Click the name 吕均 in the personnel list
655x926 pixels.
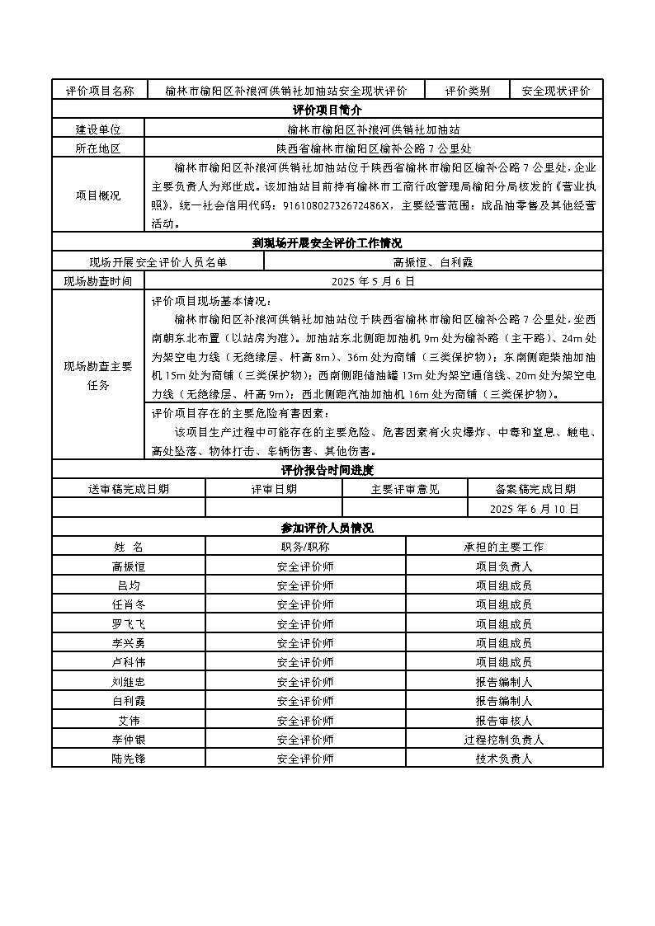click(128, 585)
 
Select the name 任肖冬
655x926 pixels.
click(128, 604)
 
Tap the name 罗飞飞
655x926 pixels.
click(128, 623)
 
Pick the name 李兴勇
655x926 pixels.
click(128, 643)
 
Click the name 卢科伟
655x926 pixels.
click(128, 662)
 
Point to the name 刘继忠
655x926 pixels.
click(128, 682)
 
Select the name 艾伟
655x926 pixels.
click(128, 721)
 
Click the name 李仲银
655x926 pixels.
click(128, 740)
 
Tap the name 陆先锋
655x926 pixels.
click(128, 759)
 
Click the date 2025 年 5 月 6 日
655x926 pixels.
click(373, 281)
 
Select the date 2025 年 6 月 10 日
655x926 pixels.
click(535, 509)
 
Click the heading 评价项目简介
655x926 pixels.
click(327, 110)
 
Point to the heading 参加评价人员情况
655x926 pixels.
click(327, 528)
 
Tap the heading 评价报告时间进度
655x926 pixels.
click(327, 470)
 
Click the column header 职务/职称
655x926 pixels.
click(305, 547)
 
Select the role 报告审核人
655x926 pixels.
click(503, 721)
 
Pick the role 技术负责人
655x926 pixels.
click(503, 759)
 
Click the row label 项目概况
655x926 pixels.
click(98, 195)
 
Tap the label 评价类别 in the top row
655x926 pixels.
click(468, 91)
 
